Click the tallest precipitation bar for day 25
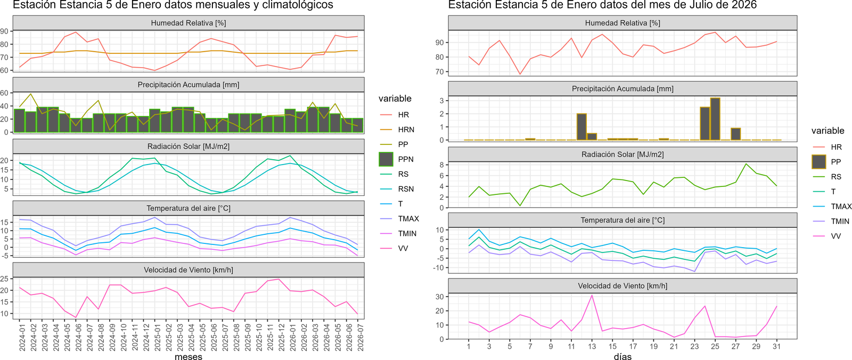pyautogui.click(x=715, y=119)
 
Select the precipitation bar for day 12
pyautogui.click(x=581, y=127)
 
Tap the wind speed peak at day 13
pyautogui.click(x=592, y=296)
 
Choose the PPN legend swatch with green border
pyautogui.click(x=386, y=159)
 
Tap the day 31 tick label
pyautogui.click(x=777, y=347)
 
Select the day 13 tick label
pyautogui.click(x=592, y=347)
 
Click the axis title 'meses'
pyautogui.click(x=189, y=356)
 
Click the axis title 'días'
pyautogui.click(x=622, y=356)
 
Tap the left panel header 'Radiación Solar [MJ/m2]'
pyautogui.click(x=189, y=146)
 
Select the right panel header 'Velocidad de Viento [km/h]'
pyautogui.click(x=622, y=286)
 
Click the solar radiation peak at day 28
pyautogui.click(x=746, y=164)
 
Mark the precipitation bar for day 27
pyautogui.click(x=735, y=134)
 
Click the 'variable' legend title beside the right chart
pyautogui.click(x=828, y=130)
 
